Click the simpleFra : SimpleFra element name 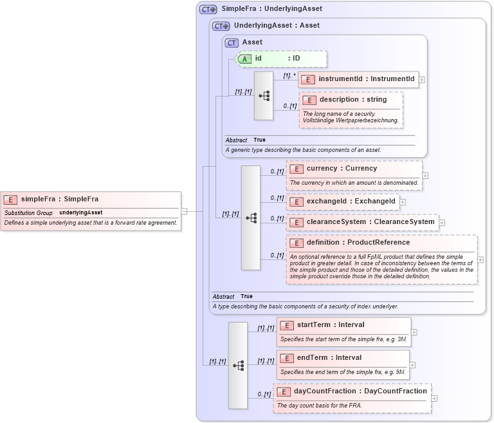pos(59,199)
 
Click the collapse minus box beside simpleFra pos(184,211)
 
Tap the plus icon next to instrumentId pos(422,80)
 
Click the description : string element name pos(353,100)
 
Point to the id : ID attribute pos(277,59)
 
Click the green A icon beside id pos(244,59)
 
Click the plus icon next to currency pos(425,175)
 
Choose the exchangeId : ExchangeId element pos(351,202)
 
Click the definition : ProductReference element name pos(358,243)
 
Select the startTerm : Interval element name pos(330,324)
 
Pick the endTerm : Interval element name pos(329,358)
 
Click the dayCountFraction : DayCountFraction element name pos(360,391)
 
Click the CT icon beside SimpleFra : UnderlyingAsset pos(208,10)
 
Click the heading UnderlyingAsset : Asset pos(277,26)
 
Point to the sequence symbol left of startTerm pos(238,365)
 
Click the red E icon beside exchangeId pos(296,202)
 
